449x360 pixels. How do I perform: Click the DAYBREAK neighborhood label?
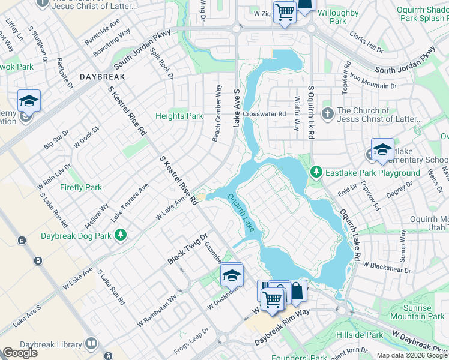[x=102, y=77]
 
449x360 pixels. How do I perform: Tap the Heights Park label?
[x=179, y=116]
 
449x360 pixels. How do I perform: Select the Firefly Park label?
[x=81, y=187]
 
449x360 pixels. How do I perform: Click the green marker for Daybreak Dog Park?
[x=121, y=235]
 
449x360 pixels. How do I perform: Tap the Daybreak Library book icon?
[x=91, y=344]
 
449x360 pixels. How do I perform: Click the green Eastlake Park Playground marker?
[x=316, y=173]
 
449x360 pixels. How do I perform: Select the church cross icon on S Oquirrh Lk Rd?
[x=327, y=113]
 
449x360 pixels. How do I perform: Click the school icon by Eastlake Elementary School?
[x=382, y=151]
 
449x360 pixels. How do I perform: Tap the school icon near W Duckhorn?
[x=231, y=275]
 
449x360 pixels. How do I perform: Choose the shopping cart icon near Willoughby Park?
[x=285, y=12]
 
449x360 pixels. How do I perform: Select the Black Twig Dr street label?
[x=187, y=249]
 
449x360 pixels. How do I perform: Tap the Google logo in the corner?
[x=20, y=353]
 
